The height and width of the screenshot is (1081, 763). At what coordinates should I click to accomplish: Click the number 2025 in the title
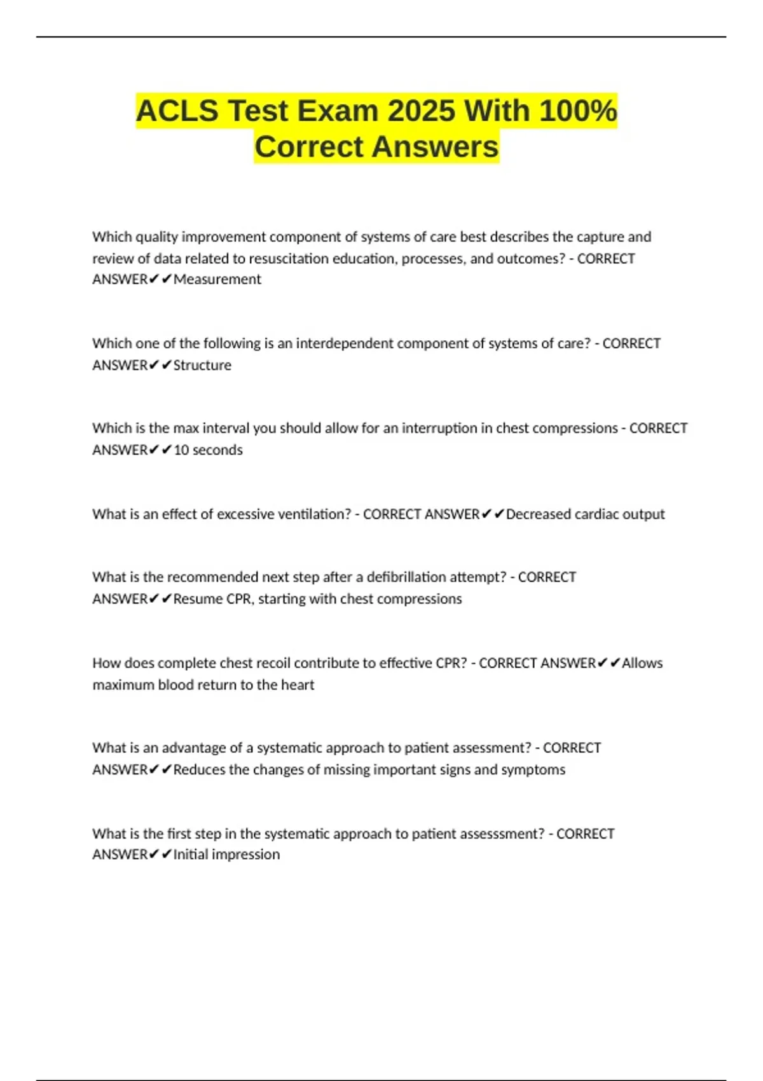click(x=421, y=111)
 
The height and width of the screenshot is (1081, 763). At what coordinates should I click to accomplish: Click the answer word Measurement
click(x=217, y=280)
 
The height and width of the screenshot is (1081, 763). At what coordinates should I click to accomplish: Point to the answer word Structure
click(x=202, y=366)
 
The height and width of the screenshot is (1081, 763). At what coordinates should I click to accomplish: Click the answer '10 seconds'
click(x=208, y=450)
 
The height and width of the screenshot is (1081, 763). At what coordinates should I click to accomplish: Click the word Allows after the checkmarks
click(x=642, y=663)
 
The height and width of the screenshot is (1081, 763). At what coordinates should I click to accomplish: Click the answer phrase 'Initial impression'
click(x=226, y=855)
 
